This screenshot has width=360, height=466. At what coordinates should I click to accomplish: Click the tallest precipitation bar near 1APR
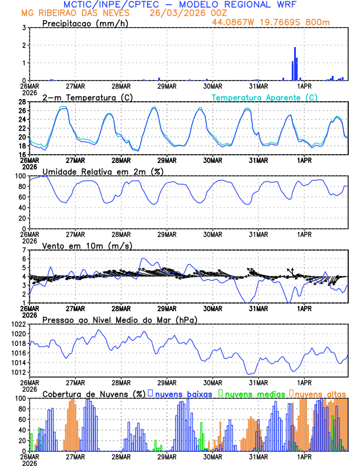[x=295, y=64]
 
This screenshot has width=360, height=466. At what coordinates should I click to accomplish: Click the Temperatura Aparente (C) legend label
[x=265, y=97]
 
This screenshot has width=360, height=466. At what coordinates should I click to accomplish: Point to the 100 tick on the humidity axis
[x=19, y=176]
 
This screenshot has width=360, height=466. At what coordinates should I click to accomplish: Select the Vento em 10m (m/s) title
[x=87, y=245]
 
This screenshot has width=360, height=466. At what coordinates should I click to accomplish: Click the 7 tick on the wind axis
[x=24, y=250]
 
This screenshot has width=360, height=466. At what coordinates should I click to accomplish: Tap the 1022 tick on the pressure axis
[x=18, y=324]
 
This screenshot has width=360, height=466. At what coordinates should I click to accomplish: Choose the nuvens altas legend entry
[x=320, y=393]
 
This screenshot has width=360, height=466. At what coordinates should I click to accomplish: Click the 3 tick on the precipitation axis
[x=24, y=28]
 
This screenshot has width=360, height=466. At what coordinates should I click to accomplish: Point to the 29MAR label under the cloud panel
[x=166, y=456]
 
